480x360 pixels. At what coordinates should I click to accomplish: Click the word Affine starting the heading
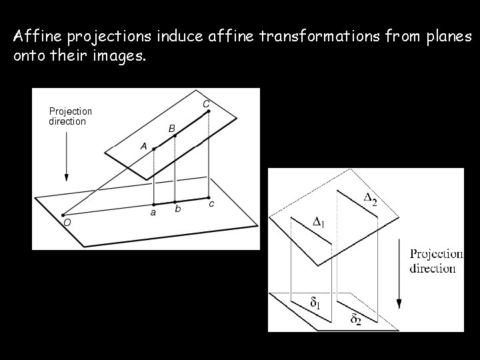pyautogui.click(x=34, y=36)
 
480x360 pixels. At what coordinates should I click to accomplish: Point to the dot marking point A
pyautogui.click(x=154, y=149)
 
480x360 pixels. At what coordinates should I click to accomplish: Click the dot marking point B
pyautogui.click(x=175, y=136)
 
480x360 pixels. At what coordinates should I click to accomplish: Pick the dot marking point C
pyautogui.click(x=209, y=111)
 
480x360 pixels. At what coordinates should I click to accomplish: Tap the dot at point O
pyautogui.click(x=63, y=215)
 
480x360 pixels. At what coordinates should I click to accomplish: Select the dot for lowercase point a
pyautogui.click(x=154, y=204)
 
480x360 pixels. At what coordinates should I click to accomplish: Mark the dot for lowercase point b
pyautogui.click(x=175, y=201)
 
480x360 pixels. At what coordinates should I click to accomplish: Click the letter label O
pyautogui.click(x=67, y=223)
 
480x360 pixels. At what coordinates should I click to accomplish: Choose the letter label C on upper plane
pyautogui.click(x=206, y=103)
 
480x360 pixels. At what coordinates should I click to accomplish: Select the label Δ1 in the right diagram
pyautogui.click(x=319, y=221)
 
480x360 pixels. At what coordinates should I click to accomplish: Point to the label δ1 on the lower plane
pyautogui.click(x=315, y=303)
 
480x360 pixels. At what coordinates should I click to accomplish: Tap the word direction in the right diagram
pyautogui.click(x=433, y=269)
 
